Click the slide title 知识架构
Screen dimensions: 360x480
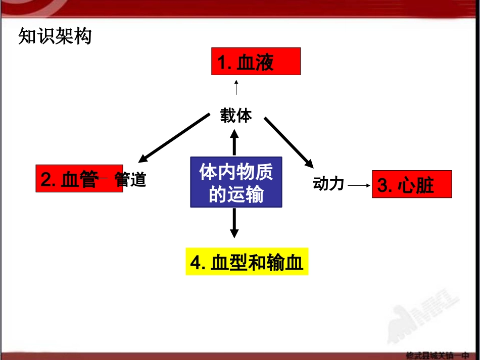pos(55,36)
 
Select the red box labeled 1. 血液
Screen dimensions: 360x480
pos(256,61)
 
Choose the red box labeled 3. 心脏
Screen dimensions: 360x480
pos(411,184)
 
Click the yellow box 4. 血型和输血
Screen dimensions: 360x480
pos(247,262)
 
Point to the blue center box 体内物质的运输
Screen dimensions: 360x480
pos(236,182)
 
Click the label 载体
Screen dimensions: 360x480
pos(236,116)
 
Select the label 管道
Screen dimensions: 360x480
pos(131,179)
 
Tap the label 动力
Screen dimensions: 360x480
pos(328,184)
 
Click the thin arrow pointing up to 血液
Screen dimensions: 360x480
pos(236,87)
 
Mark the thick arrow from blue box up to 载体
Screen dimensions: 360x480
pos(234,142)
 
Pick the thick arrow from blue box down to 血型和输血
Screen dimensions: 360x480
pos(234,223)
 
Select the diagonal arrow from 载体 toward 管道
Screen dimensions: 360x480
pos(174,138)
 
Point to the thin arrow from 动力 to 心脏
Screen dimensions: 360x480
pos(359,185)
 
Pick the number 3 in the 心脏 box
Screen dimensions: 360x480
pos(382,185)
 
